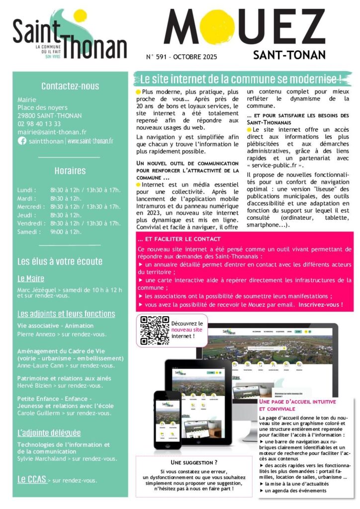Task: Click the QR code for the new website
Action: pyautogui.click(x=154, y=331)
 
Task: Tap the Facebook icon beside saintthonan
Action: pyautogui.click(x=22, y=141)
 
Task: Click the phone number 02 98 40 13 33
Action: pyautogui.click(x=39, y=124)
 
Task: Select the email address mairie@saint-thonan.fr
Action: pyautogui.click(x=52, y=132)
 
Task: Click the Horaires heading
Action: pyautogui.click(x=70, y=171)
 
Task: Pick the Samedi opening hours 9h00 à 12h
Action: pyautogui.click(x=66, y=232)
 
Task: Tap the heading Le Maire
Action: pyautogui.click(x=31, y=278)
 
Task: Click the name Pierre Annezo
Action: pyautogui.click(x=36, y=334)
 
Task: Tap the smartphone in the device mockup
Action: pyautogui.click(x=167, y=419)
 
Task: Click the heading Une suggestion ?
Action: pyautogui.click(x=194, y=462)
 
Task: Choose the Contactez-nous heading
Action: pyautogui.click(x=70, y=86)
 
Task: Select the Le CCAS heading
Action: pyautogui.click(x=32, y=479)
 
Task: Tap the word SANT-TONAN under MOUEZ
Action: pyautogui.click(x=289, y=54)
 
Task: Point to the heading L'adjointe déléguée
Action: pyautogui.click(x=49, y=432)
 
